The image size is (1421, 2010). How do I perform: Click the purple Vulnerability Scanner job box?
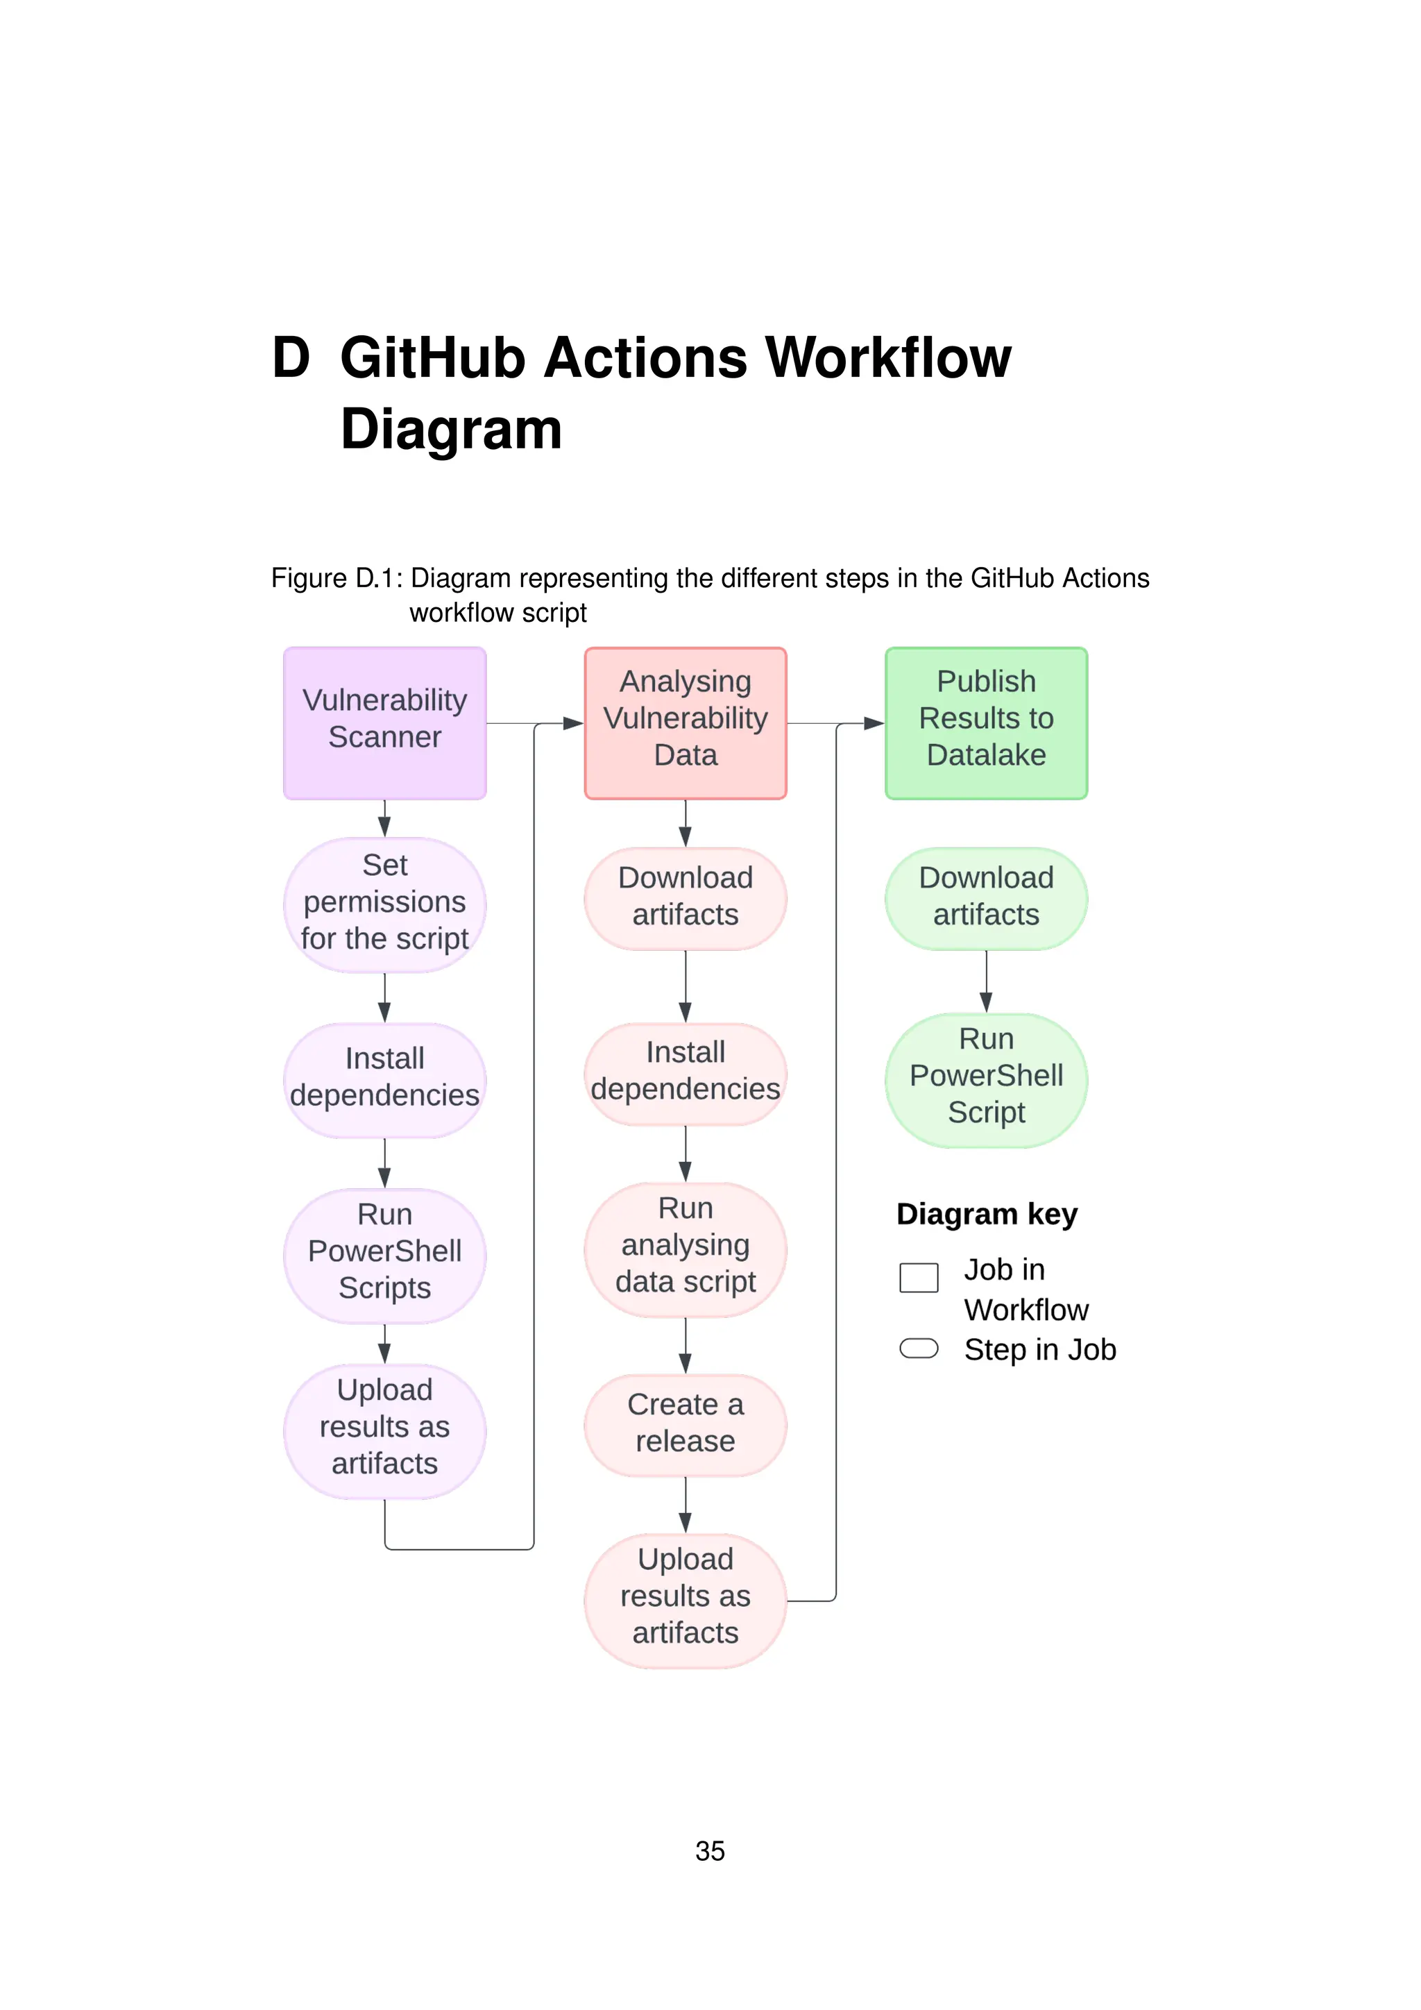[384, 723]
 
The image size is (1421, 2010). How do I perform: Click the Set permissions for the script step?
[384, 905]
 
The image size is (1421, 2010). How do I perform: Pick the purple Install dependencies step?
[384, 1080]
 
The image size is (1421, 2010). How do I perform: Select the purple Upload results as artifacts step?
[384, 1430]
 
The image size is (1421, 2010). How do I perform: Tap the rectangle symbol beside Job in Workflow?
[919, 1277]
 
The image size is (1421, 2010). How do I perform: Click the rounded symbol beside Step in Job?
[919, 1349]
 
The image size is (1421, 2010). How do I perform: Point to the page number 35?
[710, 1850]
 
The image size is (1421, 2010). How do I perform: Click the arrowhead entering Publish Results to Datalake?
[874, 723]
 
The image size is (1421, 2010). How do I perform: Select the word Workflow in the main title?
[888, 358]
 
